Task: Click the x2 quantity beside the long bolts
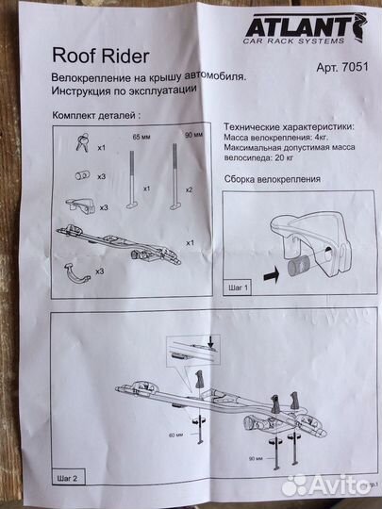[x=190, y=189]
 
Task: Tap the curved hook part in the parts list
[x=75, y=271]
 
